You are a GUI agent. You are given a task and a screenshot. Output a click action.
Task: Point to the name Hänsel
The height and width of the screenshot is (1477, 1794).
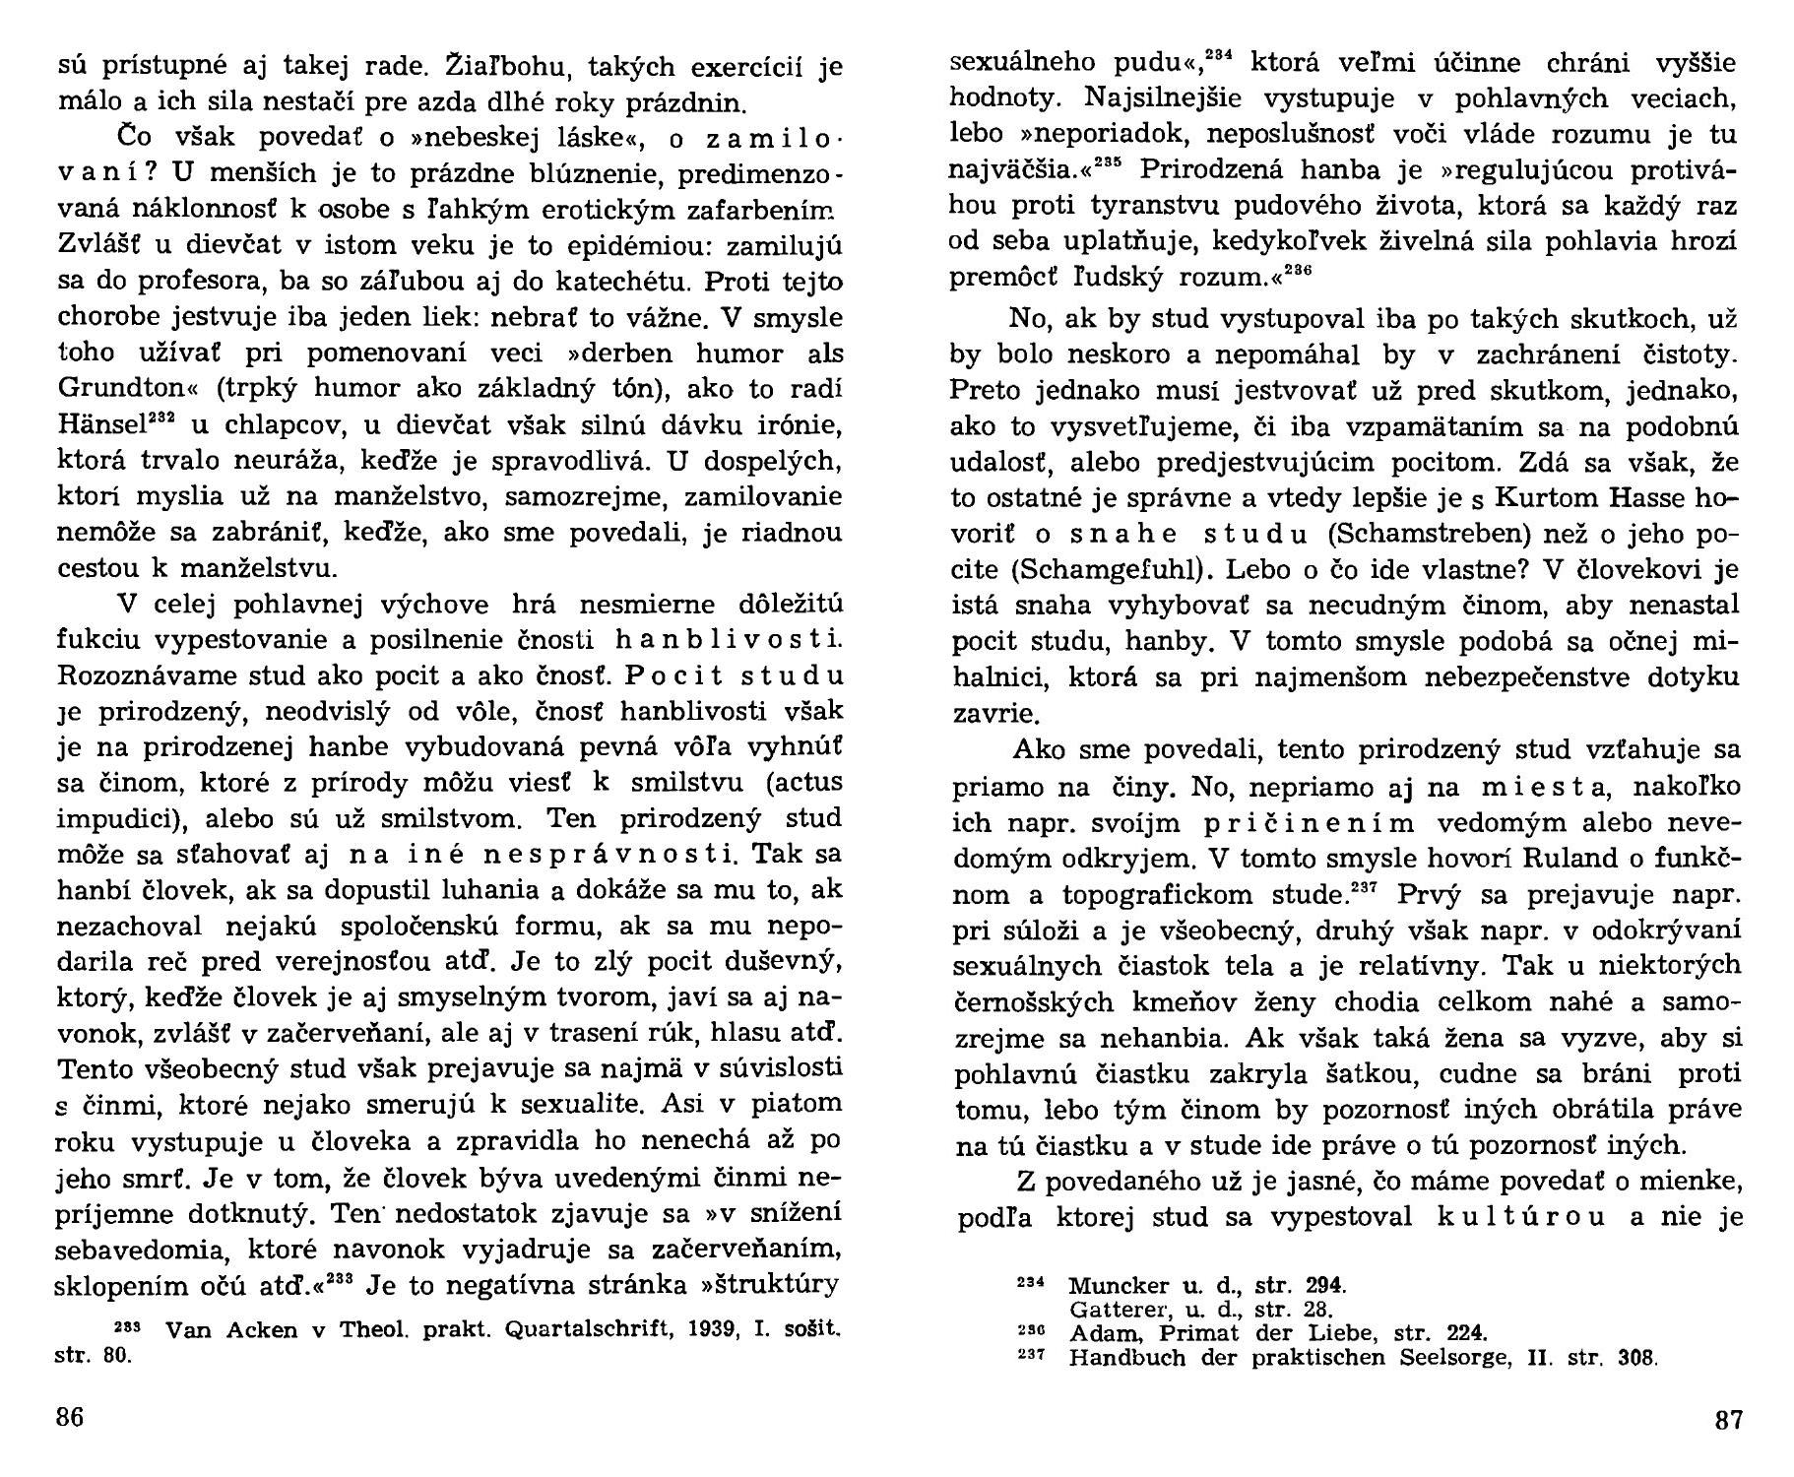101,425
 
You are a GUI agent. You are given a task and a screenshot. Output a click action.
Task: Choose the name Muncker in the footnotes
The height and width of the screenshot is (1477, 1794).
1112,1285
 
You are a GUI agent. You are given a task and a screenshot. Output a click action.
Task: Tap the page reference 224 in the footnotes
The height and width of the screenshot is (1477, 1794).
1462,1334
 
